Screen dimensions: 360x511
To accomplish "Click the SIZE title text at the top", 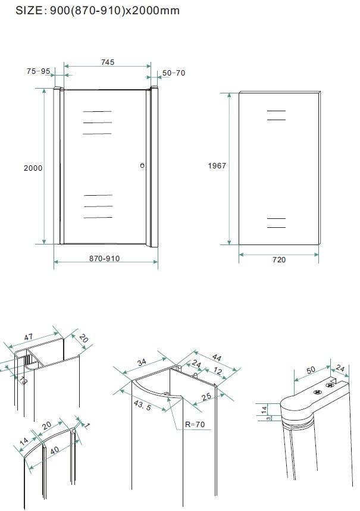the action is [98, 11].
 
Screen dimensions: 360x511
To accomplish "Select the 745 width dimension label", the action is [108, 62].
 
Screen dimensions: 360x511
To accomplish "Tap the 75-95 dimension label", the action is [39, 71].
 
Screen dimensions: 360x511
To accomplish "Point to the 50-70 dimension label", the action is [174, 73].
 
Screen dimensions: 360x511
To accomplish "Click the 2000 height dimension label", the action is [33, 168].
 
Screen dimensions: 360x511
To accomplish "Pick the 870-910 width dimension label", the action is [104, 258].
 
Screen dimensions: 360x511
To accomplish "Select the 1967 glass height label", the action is [217, 165].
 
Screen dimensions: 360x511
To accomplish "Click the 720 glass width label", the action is [279, 260].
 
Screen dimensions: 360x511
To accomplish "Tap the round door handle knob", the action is [142, 165].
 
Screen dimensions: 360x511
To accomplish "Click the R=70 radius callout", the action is [195, 424].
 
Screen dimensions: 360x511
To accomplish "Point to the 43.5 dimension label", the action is [142, 405].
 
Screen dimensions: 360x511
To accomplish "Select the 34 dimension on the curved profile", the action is [142, 362].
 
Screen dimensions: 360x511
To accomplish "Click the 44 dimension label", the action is [217, 358].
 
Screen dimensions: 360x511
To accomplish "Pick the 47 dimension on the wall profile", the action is [29, 337].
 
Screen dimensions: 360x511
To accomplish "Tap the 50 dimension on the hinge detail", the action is [311, 369].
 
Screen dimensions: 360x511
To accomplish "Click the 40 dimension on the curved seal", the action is [55, 450].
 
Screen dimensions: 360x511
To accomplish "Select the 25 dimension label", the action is [206, 397].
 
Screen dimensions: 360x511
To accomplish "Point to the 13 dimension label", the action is [23, 380].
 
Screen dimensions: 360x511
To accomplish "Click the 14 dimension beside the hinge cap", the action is [264, 409].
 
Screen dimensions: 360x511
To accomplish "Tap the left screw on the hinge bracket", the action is [317, 392].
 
